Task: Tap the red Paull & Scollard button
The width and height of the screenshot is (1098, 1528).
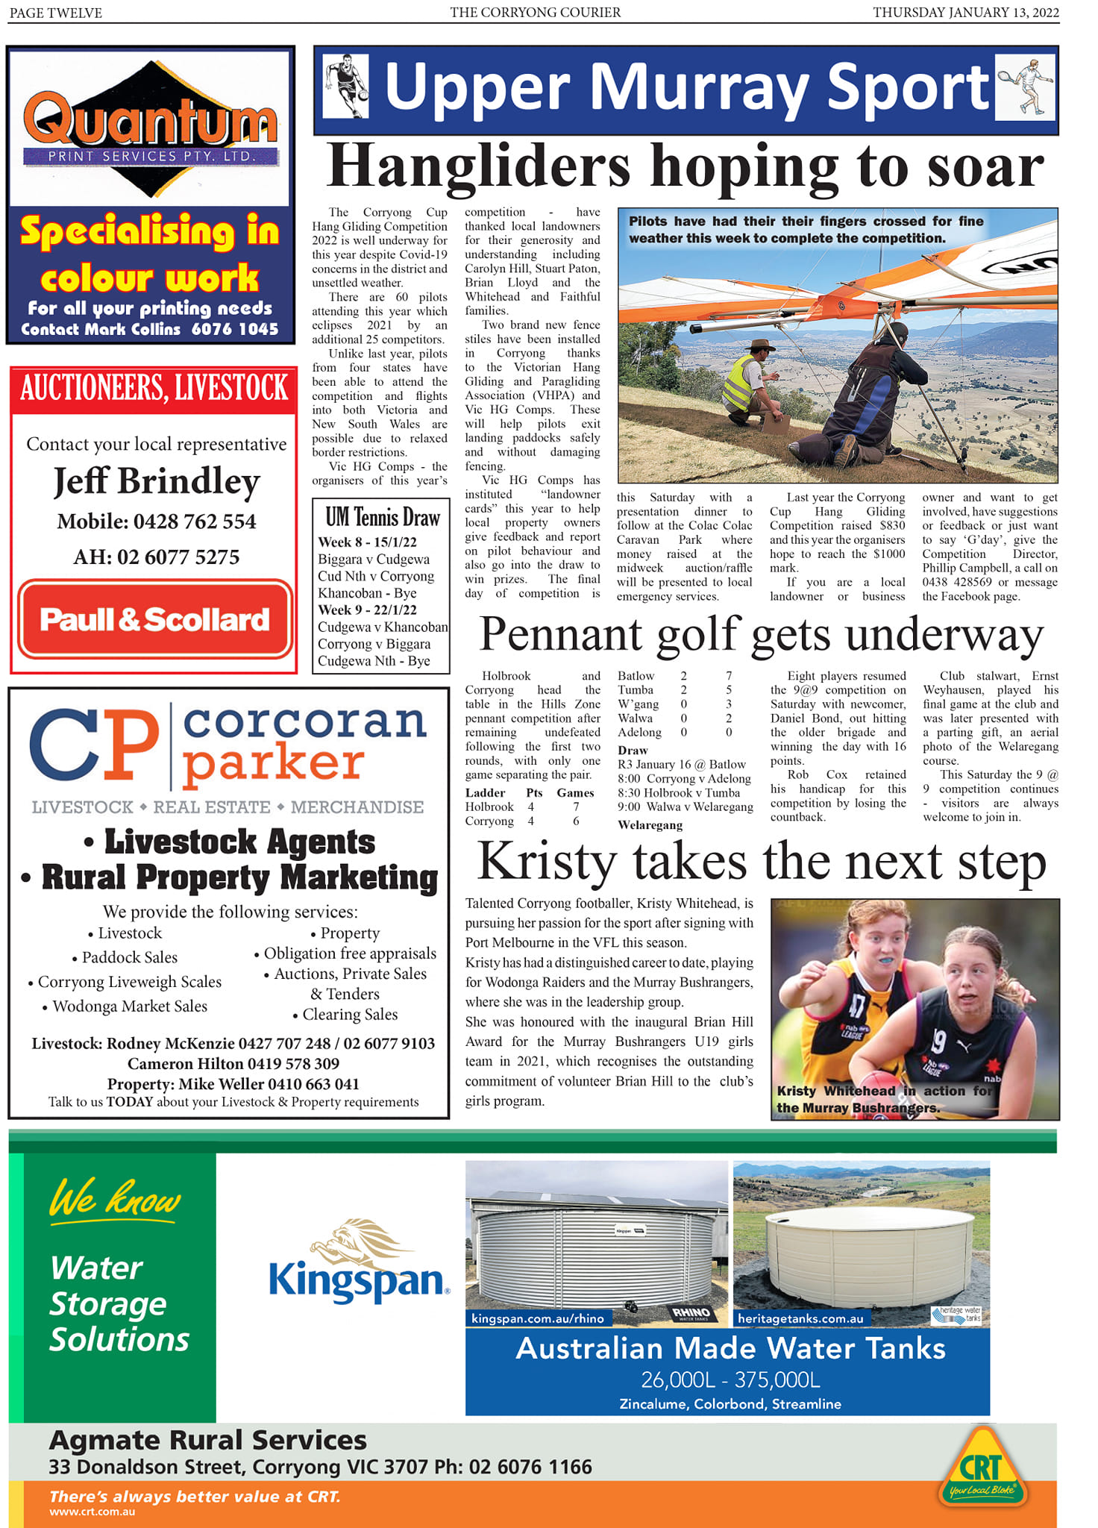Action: coord(154,619)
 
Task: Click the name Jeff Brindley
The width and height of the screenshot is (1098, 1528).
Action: coord(157,481)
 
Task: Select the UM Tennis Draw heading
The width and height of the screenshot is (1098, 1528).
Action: coord(383,517)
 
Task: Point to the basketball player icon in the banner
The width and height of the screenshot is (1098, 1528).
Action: coord(347,86)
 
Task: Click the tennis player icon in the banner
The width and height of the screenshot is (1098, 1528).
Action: coord(1026,87)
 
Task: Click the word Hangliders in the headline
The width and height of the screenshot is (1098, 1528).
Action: coord(479,166)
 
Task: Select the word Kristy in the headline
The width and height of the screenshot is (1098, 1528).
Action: coord(547,862)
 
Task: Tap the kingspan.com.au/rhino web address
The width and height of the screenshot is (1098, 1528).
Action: coord(538,1318)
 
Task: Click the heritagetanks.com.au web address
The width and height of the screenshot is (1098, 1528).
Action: coord(800,1318)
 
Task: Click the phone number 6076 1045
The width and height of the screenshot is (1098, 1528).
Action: coord(235,329)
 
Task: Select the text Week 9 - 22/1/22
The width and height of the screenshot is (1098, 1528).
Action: coord(367,610)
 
